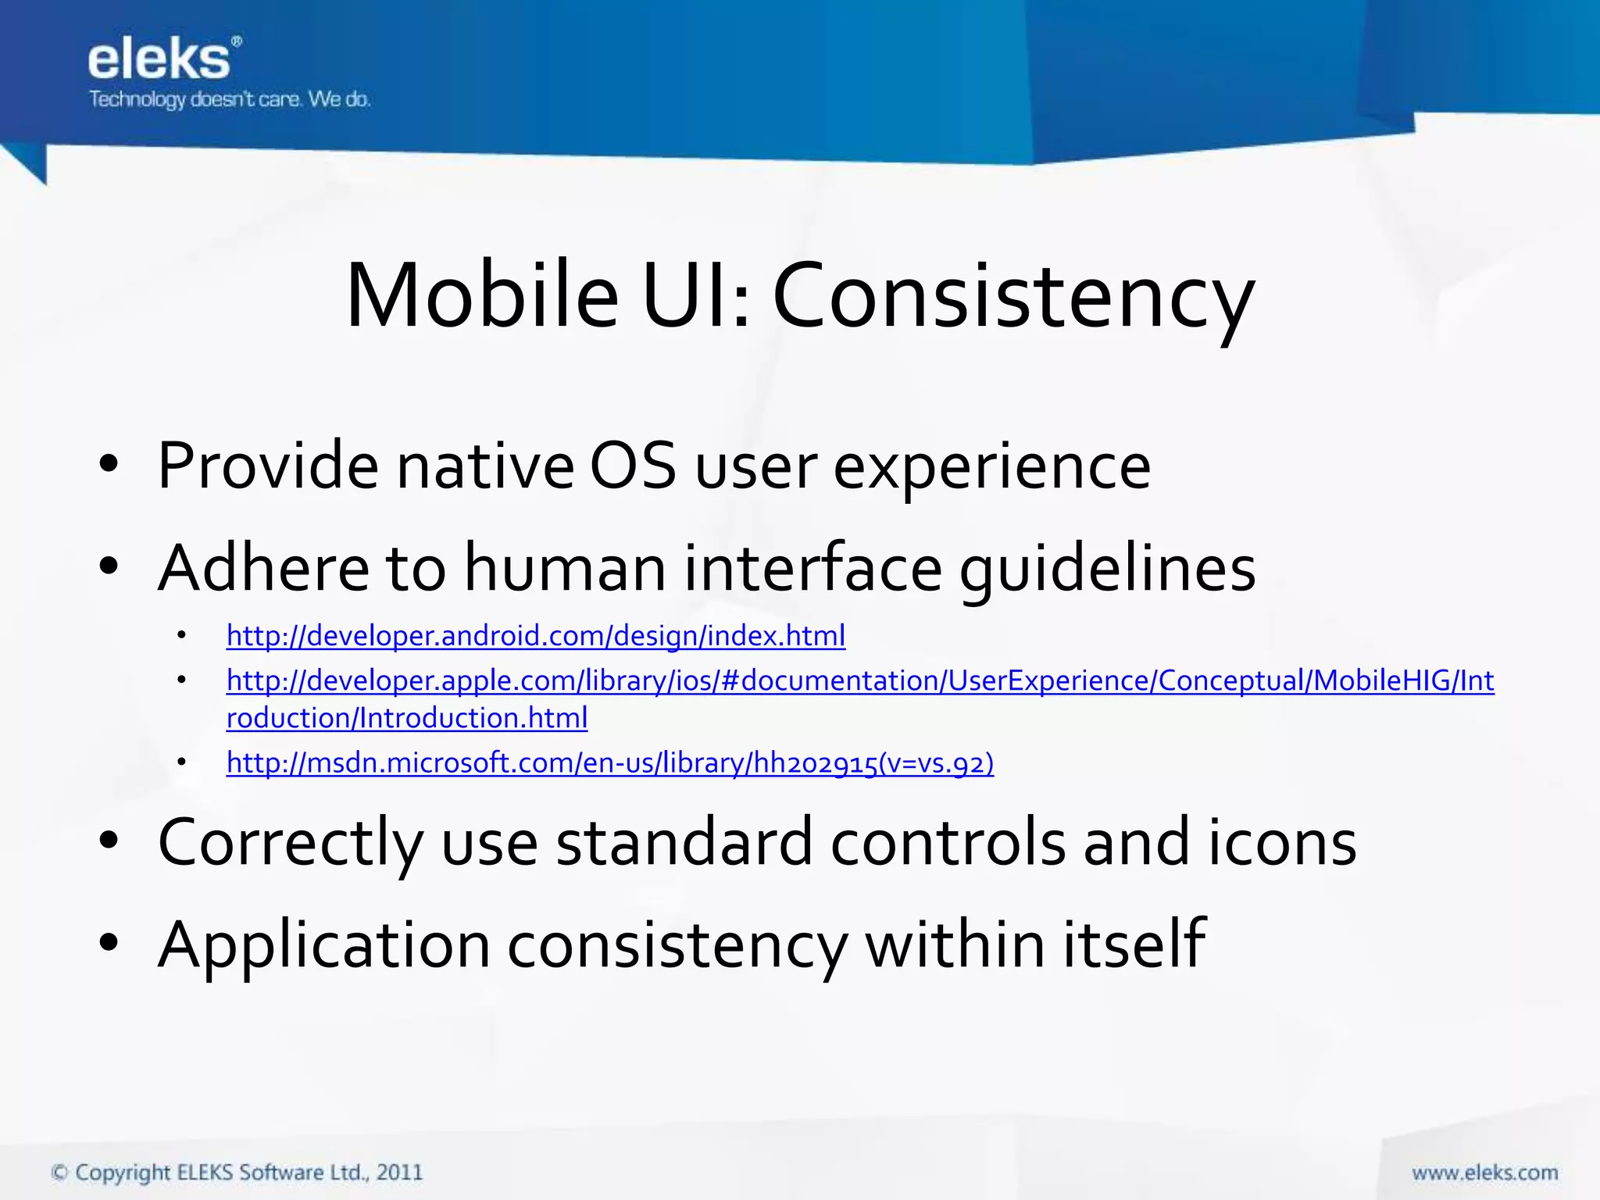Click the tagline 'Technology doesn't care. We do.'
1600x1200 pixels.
click(229, 99)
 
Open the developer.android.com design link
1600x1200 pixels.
click(535, 636)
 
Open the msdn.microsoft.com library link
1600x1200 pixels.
click(609, 762)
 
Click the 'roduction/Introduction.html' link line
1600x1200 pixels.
click(406, 718)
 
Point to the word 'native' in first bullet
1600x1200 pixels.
click(484, 466)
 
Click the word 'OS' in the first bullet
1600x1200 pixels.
click(632, 466)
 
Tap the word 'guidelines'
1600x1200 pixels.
click(1107, 568)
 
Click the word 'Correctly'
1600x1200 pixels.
click(290, 843)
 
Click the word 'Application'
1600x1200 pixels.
click(323, 945)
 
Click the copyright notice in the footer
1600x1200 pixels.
click(237, 1173)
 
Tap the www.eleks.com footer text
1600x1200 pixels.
click(1484, 1173)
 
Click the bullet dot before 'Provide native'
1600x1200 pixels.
click(109, 466)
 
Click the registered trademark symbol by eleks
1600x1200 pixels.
click(237, 41)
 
